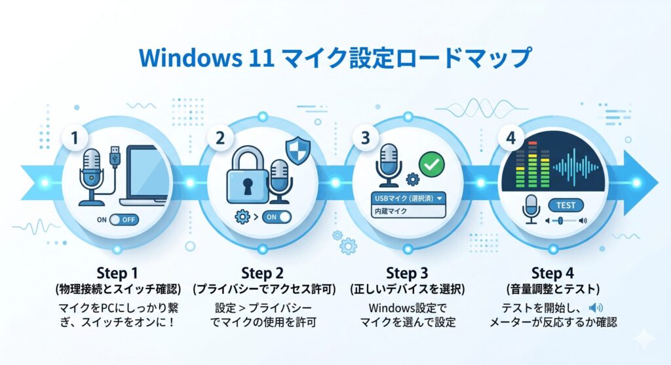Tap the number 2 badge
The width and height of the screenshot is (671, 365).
[221, 139]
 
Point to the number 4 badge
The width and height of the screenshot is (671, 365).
[510, 139]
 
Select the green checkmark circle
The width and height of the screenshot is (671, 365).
[431, 164]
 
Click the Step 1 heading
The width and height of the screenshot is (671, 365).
[118, 273]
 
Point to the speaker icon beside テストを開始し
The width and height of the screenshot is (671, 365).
[596, 307]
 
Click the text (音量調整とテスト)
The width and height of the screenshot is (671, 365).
[552, 288]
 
